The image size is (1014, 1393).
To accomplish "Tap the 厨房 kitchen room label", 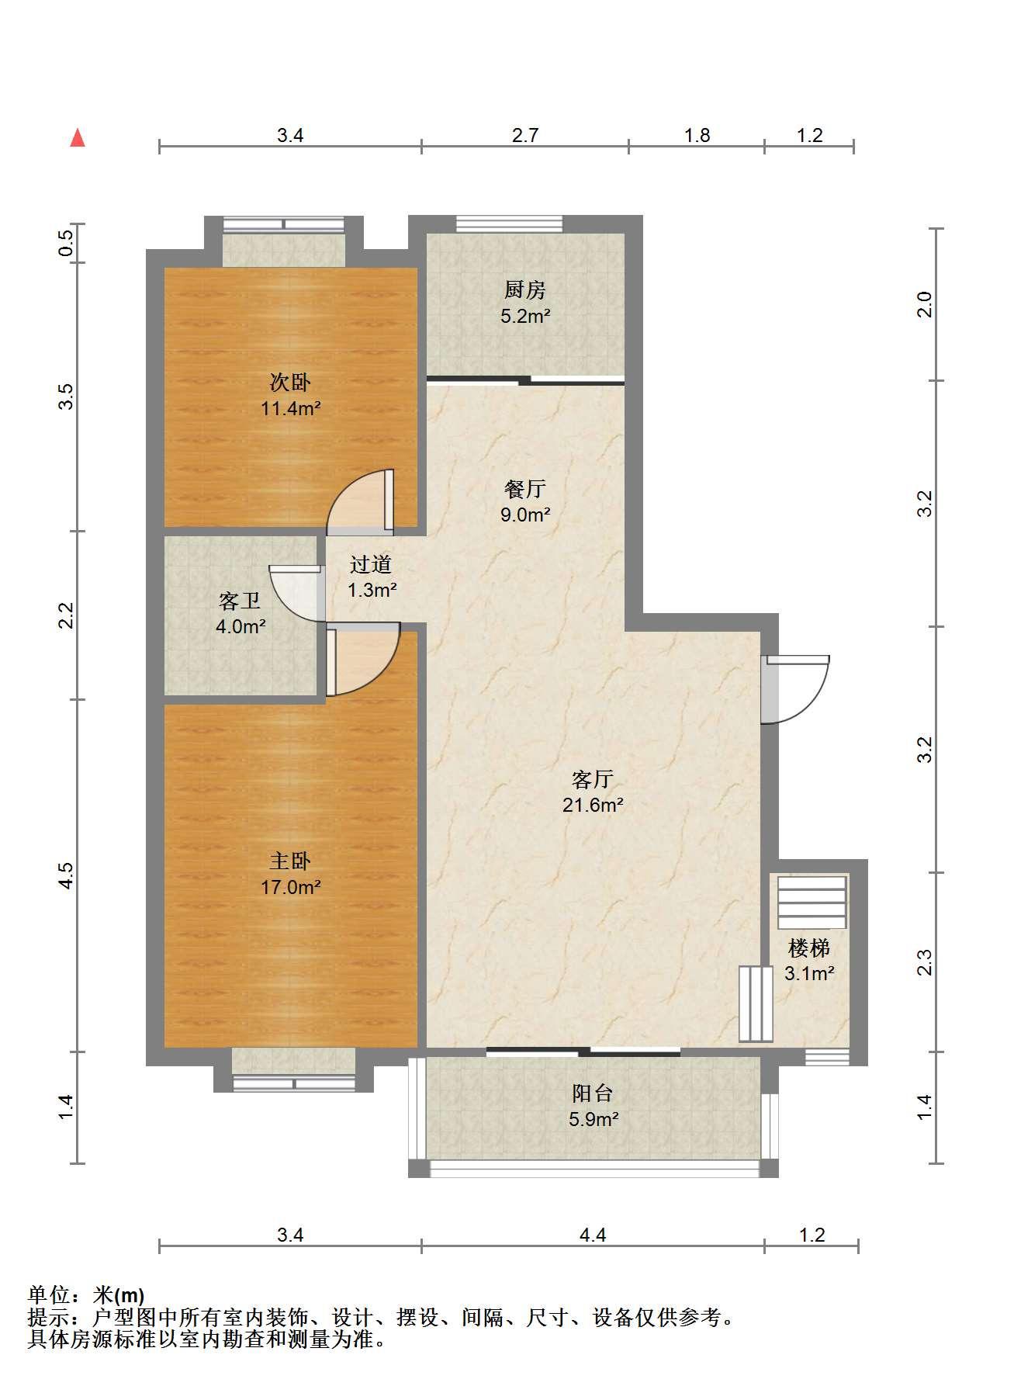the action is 525,290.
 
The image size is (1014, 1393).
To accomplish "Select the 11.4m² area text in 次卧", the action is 291,408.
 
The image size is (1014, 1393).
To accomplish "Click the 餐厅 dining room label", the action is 525,489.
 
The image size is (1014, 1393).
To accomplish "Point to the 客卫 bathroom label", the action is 240,601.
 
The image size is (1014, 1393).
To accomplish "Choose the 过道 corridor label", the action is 371,564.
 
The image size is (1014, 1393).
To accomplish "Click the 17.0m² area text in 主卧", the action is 291,887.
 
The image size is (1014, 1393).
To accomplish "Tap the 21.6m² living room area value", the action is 594,805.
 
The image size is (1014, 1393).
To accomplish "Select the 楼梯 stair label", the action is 809,948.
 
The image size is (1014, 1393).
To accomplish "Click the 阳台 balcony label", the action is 593,1093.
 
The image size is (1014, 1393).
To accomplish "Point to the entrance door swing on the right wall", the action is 796,689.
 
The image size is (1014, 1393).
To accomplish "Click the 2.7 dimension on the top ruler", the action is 525,135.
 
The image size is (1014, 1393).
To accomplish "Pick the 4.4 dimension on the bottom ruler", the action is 593,1235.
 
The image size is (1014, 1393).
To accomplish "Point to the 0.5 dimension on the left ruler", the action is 67,243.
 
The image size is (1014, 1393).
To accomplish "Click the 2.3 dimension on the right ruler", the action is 924,962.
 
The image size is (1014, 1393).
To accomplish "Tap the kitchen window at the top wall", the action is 510,224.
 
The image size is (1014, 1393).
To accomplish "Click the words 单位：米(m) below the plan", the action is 86,1295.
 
